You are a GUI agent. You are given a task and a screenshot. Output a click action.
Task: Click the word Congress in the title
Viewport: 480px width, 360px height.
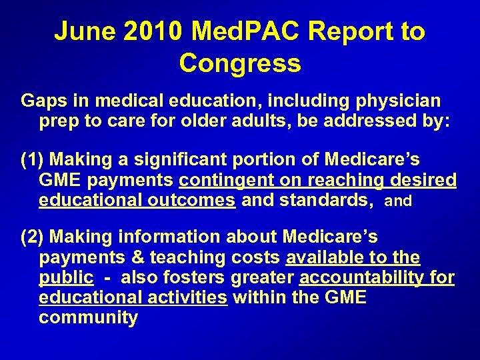[x=240, y=63]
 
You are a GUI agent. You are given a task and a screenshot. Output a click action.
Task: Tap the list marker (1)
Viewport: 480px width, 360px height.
[x=33, y=160]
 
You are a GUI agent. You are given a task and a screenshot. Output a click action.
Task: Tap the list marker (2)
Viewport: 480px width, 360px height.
[x=33, y=237]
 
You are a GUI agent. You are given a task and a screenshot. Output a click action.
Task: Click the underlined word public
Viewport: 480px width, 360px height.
[x=66, y=278]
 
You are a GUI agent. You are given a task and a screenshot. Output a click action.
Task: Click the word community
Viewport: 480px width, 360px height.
[x=88, y=318]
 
